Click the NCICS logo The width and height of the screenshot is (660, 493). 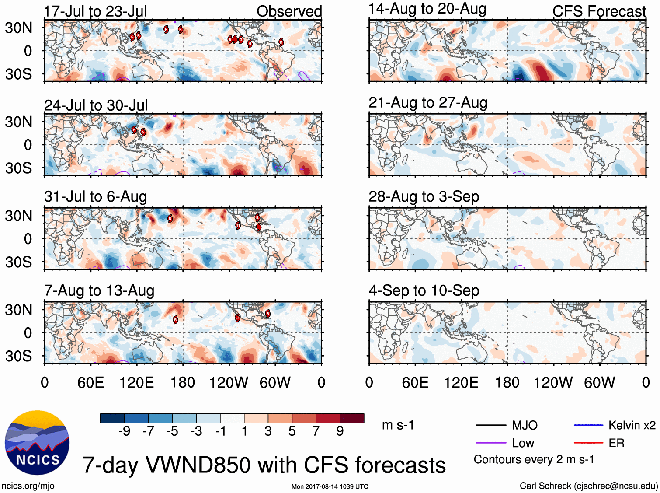point(37,442)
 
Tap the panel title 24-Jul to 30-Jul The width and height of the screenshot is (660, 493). point(96,105)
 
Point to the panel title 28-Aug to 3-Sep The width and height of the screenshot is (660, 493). point(424,197)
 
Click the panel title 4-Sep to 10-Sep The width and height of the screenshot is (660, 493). point(424,291)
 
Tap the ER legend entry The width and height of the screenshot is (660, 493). point(616,443)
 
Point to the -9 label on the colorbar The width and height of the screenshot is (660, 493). point(124,431)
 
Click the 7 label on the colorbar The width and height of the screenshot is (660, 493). point(316,431)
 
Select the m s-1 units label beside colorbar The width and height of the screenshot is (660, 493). point(398,425)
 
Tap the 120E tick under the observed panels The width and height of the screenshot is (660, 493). point(136,383)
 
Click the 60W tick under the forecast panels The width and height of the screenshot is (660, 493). point(599,383)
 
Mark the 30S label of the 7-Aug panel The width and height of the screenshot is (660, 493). point(18,356)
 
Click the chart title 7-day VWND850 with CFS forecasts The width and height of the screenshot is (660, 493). point(264,465)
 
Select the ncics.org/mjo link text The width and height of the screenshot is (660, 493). point(28,486)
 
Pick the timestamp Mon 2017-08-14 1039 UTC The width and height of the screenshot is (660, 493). point(330,486)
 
